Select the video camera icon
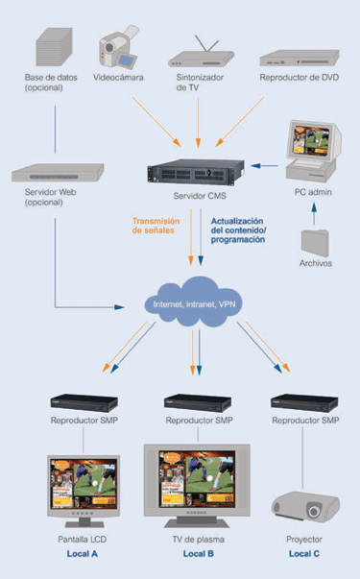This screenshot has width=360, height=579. [120, 42]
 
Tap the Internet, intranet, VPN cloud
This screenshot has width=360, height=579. [194, 302]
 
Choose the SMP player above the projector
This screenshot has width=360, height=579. [305, 403]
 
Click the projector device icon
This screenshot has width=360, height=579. [304, 506]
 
